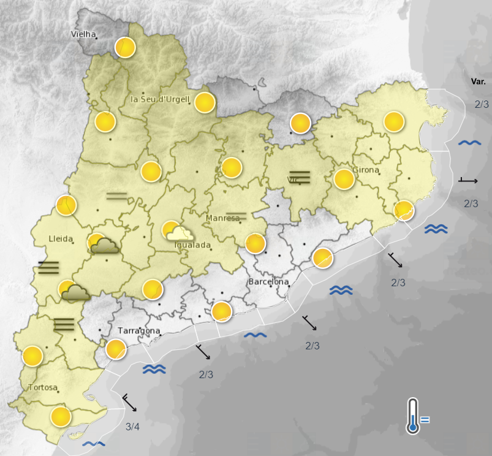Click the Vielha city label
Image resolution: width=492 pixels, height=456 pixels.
click(84, 34)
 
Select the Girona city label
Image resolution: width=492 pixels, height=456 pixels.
click(366, 170)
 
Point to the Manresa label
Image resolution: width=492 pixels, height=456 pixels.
click(223, 218)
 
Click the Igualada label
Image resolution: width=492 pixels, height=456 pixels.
click(193, 245)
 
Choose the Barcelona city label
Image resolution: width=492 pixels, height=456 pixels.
click(268, 281)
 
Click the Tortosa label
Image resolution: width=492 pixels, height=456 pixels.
click(43, 387)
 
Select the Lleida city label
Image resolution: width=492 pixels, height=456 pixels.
click(61, 238)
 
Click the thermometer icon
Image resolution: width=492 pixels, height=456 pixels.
click(414, 417)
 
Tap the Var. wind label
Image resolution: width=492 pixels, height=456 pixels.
click(478, 82)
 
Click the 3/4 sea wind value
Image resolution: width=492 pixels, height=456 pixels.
click(132, 427)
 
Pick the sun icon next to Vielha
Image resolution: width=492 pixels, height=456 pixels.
click(125, 47)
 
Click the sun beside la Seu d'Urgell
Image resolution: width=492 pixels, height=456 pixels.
click(205, 102)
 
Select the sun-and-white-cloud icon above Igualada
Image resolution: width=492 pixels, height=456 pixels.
click(176, 232)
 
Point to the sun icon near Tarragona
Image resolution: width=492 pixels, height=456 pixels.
click(116, 349)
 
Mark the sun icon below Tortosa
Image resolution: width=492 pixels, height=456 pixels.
click(61, 417)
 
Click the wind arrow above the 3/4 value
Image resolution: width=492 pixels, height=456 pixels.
click(130, 403)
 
